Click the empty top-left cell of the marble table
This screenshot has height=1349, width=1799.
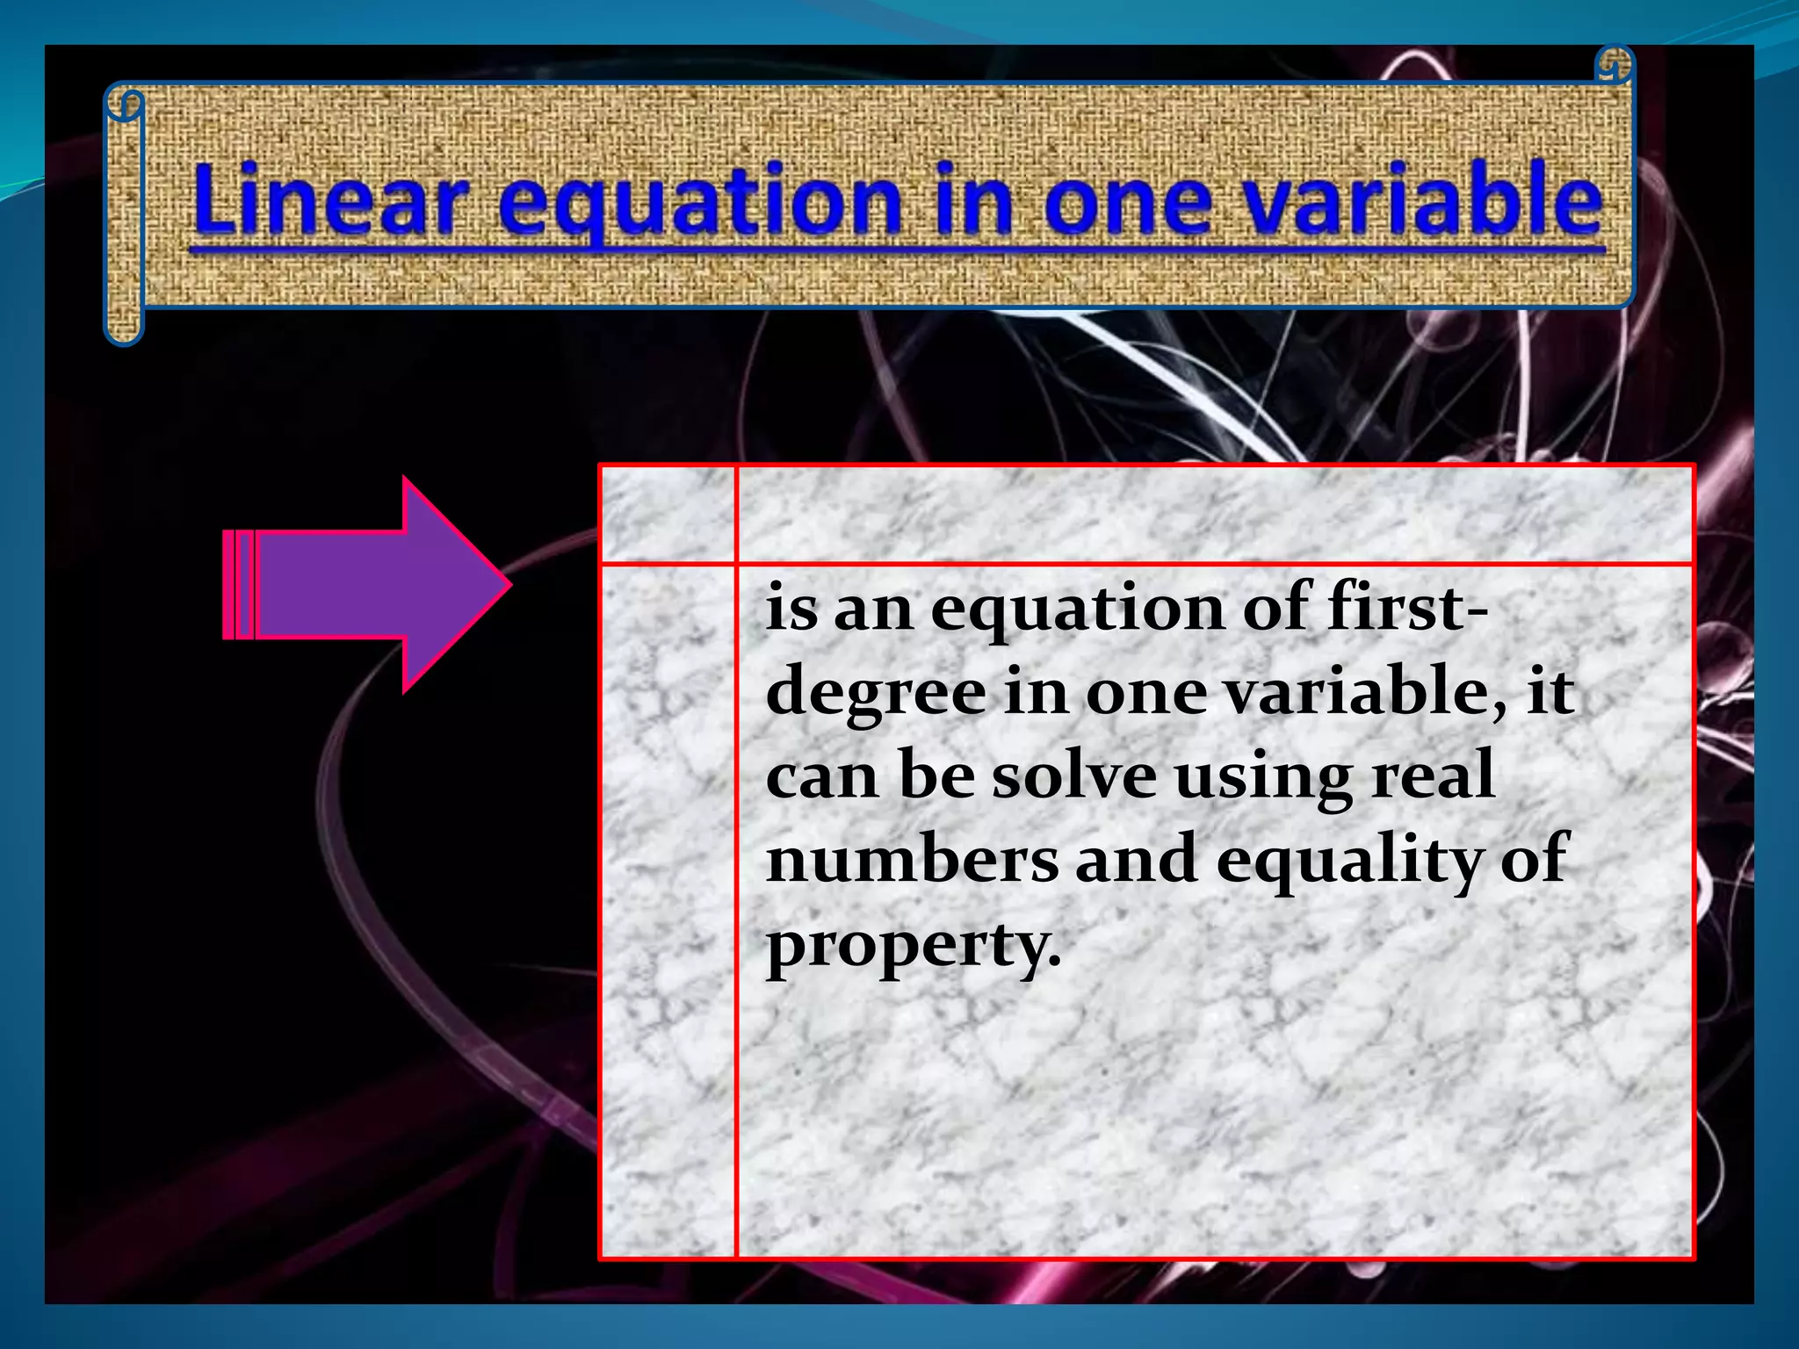(668, 515)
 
